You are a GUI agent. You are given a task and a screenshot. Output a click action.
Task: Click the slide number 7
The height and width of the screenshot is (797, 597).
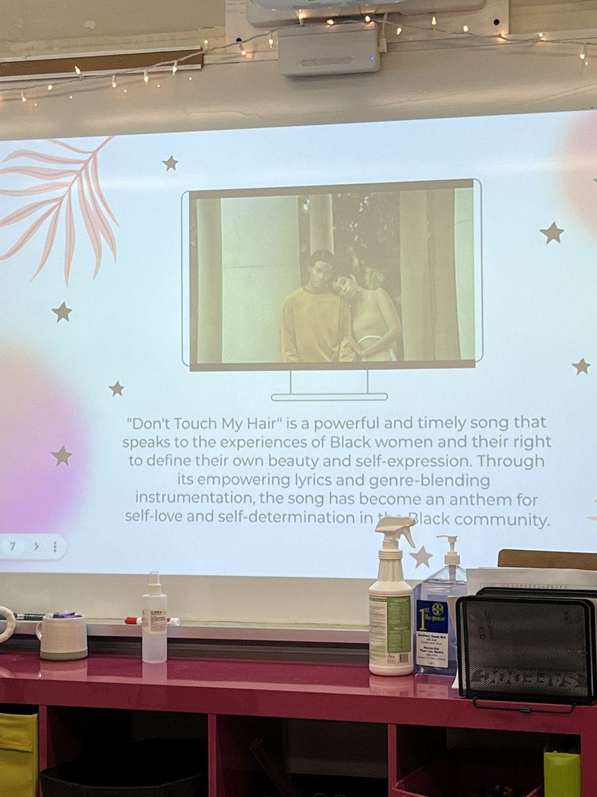point(13,546)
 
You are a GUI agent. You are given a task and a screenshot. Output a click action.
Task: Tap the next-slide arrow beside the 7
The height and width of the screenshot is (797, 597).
point(36,547)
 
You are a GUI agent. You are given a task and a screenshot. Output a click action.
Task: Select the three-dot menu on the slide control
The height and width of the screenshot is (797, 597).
point(54,547)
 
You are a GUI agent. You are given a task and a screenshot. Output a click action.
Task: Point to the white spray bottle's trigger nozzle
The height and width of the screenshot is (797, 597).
point(395,529)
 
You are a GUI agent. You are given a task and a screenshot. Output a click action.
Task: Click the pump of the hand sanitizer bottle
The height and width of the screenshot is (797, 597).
point(450,549)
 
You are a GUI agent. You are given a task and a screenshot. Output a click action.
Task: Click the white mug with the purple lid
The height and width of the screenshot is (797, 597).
point(62,636)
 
